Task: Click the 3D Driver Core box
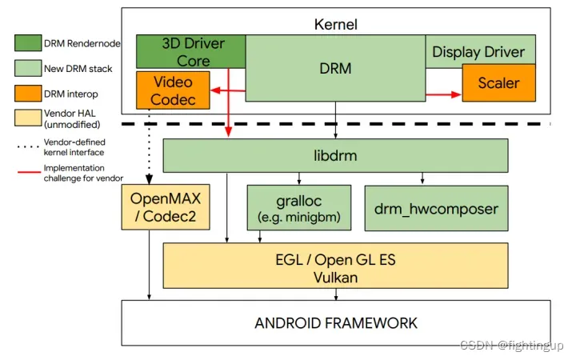(x=190, y=52)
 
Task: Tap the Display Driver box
(x=478, y=52)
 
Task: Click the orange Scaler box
(x=498, y=82)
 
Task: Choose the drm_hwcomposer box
(x=436, y=208)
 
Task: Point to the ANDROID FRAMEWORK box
(x=335, y=323)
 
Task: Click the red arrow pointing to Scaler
(x=444, y=94)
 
